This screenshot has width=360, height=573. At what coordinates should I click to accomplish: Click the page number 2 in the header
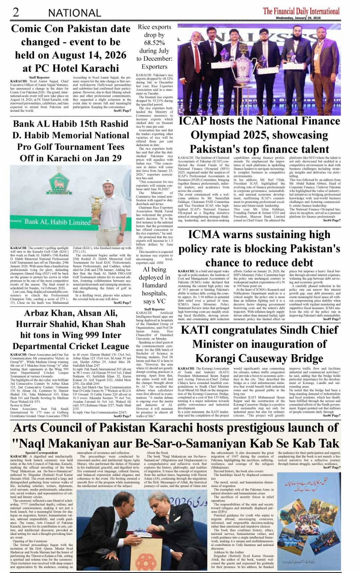pyautogui.click(x=16, y=12)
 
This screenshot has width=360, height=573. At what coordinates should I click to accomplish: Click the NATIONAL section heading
pyautogui.click(x=74, y=13)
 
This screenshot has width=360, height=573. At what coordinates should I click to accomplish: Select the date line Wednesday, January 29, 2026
pyautogui.click(x=298, y=18)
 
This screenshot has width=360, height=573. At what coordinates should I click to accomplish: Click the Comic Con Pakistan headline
pyautogui.click(x=71, y=48)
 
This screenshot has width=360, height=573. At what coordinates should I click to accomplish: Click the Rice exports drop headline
pyautogui.click(x=154, y=47)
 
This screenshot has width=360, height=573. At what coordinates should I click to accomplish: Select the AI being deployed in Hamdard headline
pyautogui.click(x=154, y=285)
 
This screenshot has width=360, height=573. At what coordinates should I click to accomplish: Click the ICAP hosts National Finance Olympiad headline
pyautogui.click(x=259, y=135)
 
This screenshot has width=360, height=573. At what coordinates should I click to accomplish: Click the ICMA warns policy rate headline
pyautogui.click(x=259, y=249)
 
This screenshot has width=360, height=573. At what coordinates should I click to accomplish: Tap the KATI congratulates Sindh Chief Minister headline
pyautogui.click(x=259, y=344)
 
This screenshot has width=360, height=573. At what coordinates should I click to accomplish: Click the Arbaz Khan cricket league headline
pyautogui.click(x=71, y=329)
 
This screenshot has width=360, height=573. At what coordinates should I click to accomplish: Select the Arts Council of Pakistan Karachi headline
pyautogui.click(x=176, y=435)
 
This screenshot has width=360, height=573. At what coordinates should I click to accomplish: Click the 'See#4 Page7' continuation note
pyautogui.click(x=331, y=220)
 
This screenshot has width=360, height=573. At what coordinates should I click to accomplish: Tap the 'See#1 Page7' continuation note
pyautogui.click(x=122, y=111)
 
